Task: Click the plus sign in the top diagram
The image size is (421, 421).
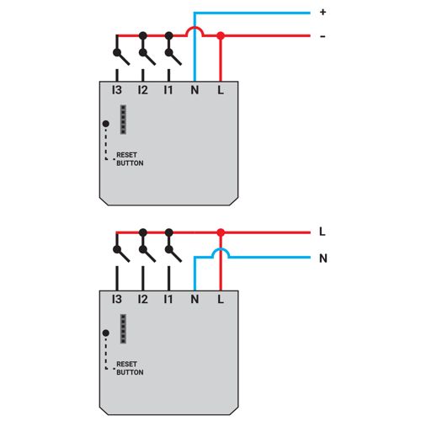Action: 322,12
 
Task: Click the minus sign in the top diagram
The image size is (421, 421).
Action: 322,36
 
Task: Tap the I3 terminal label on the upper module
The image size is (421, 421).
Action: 117,90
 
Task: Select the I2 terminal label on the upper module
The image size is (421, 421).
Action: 143,90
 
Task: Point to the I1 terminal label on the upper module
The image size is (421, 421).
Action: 168,90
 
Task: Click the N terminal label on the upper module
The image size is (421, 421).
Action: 195,90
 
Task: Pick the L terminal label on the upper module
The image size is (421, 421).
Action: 221,90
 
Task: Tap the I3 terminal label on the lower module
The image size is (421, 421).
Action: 117,299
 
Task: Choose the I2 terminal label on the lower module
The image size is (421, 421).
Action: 143,299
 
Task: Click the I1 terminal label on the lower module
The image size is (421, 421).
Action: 168,299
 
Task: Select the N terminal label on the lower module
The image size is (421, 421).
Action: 195,299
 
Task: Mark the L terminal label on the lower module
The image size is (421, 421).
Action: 221,299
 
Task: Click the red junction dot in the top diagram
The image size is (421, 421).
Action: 221,35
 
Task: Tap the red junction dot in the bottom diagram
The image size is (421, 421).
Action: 221,232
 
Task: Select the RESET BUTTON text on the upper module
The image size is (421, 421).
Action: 130,159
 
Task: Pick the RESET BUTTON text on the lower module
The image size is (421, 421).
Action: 130,368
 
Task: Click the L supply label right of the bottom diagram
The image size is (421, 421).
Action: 322,232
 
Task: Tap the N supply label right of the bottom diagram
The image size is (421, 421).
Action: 323,258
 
